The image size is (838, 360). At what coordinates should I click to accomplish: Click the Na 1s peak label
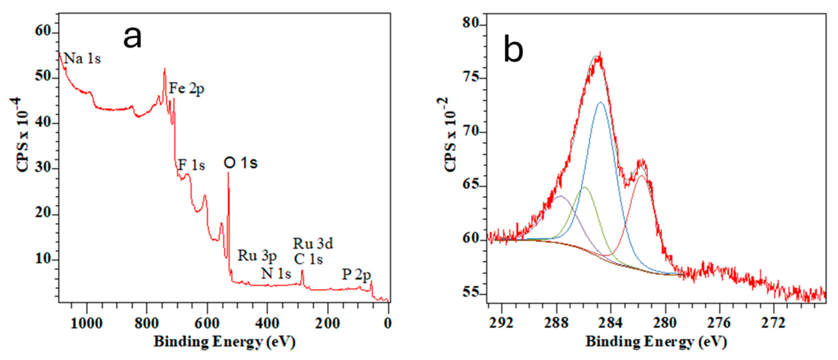[x=82, y=59]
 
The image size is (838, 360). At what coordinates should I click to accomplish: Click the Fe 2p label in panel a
[x=187, y=88]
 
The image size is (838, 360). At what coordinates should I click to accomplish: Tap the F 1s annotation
[x=191, y=165]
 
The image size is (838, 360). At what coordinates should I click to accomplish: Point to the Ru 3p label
[x=257, y=256]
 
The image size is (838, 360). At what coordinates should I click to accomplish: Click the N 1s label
[x=276, y=274]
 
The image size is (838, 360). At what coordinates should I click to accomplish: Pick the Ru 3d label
[x=313, y=244]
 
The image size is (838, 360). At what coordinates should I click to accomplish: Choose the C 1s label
[x=308, y=259]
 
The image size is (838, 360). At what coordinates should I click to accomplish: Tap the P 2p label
[x=356, y=275]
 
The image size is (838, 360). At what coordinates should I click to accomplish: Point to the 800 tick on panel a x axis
[x=146, y=323]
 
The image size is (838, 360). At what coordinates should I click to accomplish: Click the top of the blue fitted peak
[x=601, y=102]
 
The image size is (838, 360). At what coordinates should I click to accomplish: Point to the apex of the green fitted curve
[x=584, y=187]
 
